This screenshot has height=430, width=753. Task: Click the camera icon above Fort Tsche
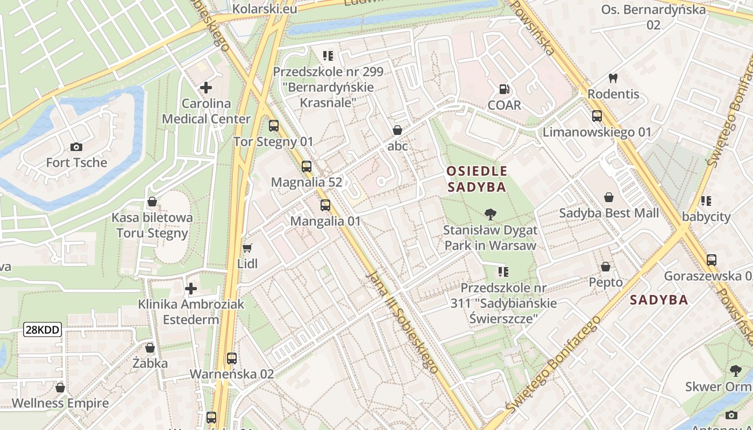[x=76, y=147]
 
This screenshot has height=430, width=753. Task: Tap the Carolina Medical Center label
[x=206, y=111]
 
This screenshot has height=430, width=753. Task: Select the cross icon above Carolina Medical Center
[x=205, y=87]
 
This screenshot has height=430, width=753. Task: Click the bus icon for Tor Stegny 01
[x=274, y=126]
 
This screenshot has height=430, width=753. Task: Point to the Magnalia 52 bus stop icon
[x=307, y=166]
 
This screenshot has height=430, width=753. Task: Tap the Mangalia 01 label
[x=325, y=221]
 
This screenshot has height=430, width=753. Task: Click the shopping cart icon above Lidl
[x=247, y=248]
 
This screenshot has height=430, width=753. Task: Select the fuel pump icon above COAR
[x=504, y=89]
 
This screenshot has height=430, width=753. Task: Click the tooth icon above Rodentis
[x=613, y=78]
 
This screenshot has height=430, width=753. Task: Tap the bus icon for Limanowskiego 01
[x=596, y=116]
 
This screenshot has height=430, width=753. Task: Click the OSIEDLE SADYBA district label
[x=477, y=179]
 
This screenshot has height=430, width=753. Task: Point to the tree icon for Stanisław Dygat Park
[x=490, y=214]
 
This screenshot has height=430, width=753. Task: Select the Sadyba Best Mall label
[x=609, y=213]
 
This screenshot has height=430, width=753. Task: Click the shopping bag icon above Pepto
[x=606, y=267]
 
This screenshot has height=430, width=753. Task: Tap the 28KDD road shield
[x=42, y=330]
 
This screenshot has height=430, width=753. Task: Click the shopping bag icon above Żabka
[x=150, y=348]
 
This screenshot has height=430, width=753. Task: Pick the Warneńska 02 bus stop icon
[x=232, y=358]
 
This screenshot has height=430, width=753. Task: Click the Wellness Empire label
[x=60, y=403]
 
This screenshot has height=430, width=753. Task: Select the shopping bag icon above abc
[x=397, y=130]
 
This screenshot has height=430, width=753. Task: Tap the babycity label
[x=706, y=217]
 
